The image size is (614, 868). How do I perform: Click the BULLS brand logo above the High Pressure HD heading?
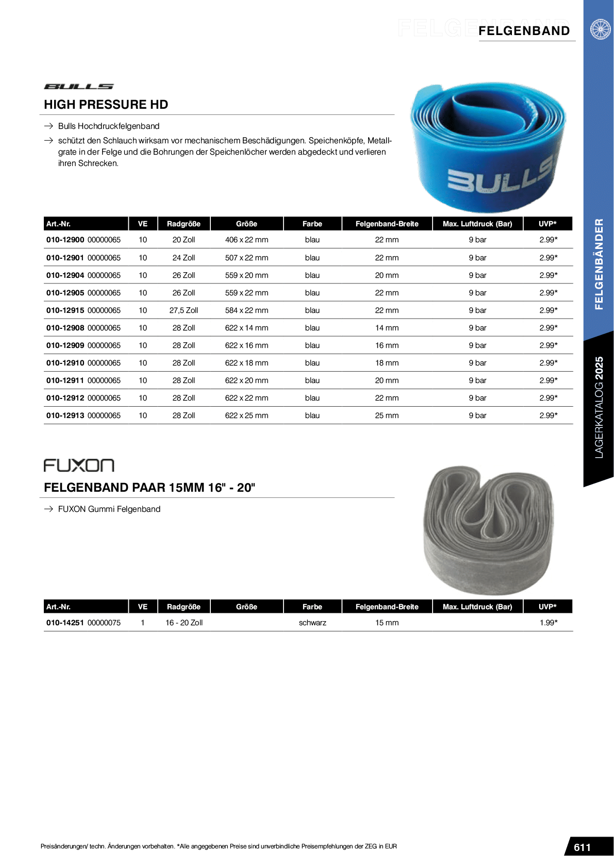[x=79, y=87]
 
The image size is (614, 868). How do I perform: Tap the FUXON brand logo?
[x=79, y=465]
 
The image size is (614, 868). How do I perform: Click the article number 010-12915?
[x=65, y=310]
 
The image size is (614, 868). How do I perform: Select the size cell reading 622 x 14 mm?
[x=246, y=328]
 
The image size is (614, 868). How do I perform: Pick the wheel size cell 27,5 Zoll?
[x=184, y=310]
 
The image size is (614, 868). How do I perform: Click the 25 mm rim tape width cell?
[x=387, y=415]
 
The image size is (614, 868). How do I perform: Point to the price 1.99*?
[x=549, y=623]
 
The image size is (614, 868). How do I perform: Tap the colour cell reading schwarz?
[x=312, y=623]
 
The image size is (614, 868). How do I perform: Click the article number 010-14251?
[x=65, y=623]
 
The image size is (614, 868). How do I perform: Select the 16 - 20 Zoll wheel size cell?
[x=184, y=623]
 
